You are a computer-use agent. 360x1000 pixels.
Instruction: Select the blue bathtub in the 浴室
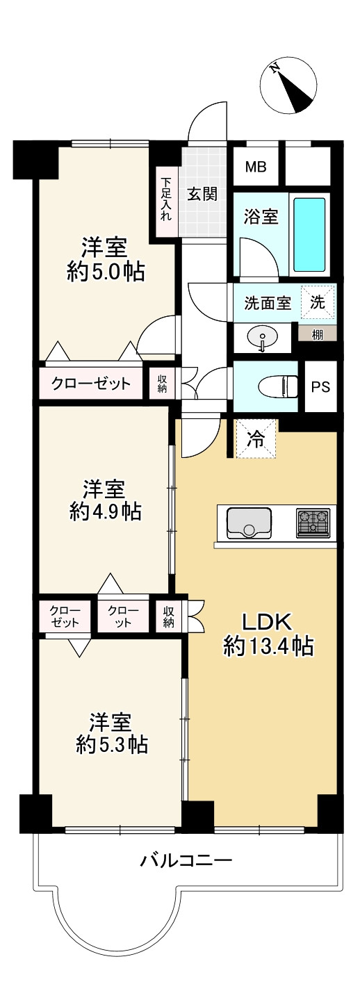309,235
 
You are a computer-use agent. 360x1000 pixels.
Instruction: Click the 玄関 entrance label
202,193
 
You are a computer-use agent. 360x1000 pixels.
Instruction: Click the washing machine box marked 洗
318,303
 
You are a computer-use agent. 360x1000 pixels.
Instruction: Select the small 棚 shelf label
318,334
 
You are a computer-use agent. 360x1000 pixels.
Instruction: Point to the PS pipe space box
320,387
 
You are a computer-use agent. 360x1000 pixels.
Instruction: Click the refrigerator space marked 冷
256,440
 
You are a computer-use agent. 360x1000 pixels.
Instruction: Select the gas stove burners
313,523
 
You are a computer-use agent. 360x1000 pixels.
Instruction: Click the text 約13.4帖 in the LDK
268,646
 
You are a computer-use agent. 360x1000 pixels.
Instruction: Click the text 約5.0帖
106,272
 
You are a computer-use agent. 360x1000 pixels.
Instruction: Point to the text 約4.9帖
105,512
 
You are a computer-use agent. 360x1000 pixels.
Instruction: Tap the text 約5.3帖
111,745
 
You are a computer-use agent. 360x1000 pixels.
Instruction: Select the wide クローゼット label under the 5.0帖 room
90,383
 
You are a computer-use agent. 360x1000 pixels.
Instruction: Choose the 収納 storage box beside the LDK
168,615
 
